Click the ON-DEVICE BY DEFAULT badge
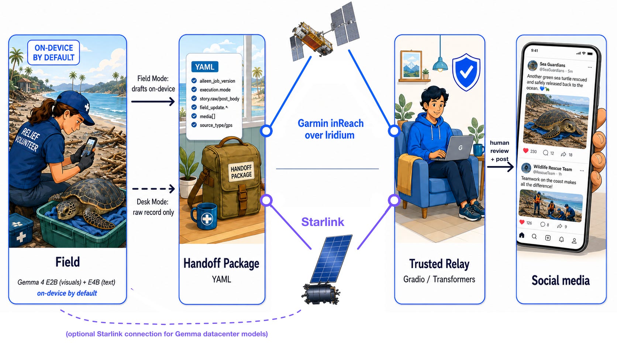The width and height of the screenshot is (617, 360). tap(54, 53)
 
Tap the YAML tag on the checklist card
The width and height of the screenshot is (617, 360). tap(205, 67)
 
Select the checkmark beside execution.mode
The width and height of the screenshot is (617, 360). tap(194, 90)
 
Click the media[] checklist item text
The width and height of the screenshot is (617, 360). tap(207, 116)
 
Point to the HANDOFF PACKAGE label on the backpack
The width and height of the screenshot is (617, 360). tap(241, 172)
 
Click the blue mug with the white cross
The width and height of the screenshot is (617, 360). tap(204, 216)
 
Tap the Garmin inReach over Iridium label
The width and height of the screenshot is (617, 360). tap(331, 129)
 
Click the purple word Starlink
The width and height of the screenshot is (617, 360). tap(323, 222)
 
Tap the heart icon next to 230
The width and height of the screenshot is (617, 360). tap(525, 151)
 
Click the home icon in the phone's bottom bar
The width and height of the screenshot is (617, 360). tap(522, 235)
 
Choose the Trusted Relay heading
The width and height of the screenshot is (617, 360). tap(440, 264)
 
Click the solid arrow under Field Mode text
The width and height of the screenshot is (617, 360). tap(153, 102)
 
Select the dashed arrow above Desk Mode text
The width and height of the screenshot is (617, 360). tap(154, 189)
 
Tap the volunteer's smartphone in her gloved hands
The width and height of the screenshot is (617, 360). tap(90, 147)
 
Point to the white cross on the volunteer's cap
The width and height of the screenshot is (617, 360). tap(87, 107)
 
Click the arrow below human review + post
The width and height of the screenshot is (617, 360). tap(500, 167)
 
